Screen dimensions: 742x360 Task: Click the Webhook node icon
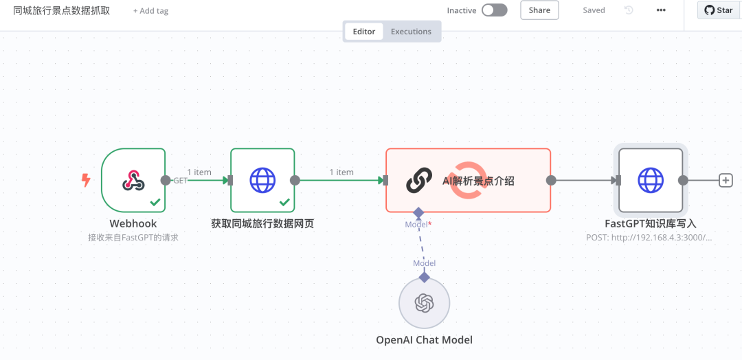(133, 180)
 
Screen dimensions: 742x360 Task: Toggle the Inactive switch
(495, 10)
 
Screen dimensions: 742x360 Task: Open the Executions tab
(411, 32)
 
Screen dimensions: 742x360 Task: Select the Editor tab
(364, 32)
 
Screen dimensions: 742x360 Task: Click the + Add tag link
(150, 10)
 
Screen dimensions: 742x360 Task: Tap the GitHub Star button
(719, 10)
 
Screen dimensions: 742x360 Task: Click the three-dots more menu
(661, 10)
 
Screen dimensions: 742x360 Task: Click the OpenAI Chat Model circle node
(425, 303)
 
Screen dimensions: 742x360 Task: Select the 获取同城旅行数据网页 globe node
(262, 180)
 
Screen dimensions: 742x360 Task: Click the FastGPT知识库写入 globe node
(651, 180)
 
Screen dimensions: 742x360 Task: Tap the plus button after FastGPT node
(726, 180)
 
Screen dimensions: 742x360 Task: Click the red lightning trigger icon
(86, 180)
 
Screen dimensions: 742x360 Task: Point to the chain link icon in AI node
(419, 180)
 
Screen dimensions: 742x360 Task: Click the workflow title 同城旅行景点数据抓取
(62, 10)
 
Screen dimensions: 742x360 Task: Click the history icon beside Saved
(629, 10)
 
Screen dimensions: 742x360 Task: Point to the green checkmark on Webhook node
(155, 203)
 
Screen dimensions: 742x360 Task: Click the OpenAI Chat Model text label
(425, 339)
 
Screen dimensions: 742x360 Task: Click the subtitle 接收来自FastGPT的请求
(133, 238)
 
